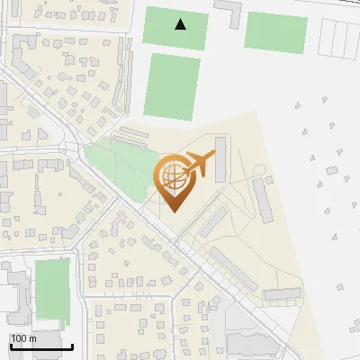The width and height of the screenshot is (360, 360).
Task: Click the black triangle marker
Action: pos(181,24)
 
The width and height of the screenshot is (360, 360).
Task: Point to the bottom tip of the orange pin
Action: pos(173,212)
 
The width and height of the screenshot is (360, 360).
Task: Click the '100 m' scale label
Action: pos(22,337)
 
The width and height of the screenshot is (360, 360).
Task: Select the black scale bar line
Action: pos(41,346)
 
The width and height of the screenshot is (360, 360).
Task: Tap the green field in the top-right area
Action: pos(275,32)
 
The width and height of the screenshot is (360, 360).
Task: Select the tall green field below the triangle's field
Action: pos(171,86)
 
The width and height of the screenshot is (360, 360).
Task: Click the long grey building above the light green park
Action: pos(134,135)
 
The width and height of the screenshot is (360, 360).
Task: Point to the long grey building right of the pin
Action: pos(262,199)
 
